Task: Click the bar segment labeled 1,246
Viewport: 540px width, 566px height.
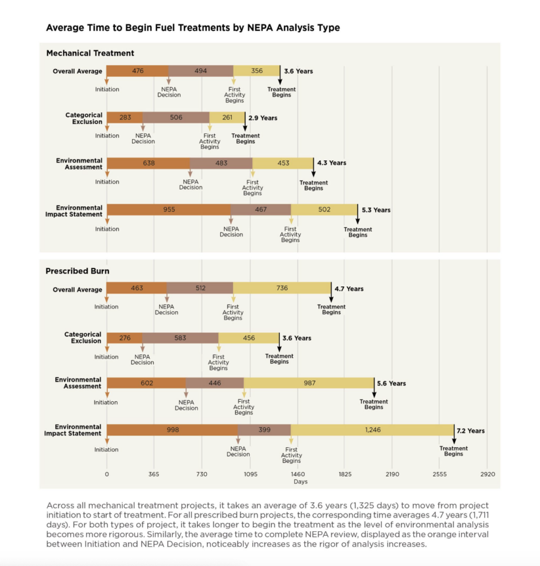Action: (372, 429)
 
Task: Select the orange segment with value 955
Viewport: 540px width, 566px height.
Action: (169, 209)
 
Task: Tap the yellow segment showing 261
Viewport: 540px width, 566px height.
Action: (227, 117)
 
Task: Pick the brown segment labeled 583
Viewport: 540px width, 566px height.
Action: (180, 338)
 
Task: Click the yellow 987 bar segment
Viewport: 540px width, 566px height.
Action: (309, 383)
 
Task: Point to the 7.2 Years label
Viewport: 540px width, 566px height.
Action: (471, 431)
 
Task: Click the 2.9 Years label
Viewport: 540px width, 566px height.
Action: (263, 118)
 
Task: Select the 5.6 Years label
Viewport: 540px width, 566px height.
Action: (392, 384)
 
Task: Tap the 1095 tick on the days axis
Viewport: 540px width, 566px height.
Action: (251, 474)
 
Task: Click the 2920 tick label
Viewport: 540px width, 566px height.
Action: (487, 474)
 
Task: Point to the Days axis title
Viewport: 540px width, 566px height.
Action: (300, 481)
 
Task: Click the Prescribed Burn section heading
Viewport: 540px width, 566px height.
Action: (77, 271)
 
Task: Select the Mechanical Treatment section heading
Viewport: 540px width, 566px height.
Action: (90, 53)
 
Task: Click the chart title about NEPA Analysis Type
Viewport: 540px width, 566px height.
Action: (193, 28)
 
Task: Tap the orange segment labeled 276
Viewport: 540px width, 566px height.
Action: (124, 338)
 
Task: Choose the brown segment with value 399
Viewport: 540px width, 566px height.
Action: (264, 429)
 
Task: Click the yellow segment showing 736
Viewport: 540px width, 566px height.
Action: (282, 287)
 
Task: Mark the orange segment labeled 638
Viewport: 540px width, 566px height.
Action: (148, 163)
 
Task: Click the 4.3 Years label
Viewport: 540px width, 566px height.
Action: (332, 163)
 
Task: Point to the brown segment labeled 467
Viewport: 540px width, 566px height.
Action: (261, 209)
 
